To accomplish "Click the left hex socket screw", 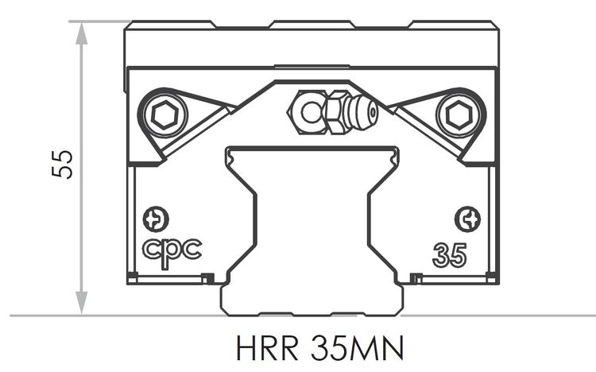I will [x=165, y=117].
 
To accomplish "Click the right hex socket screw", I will [x=458, y=117].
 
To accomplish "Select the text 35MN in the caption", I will [x=357, y=349].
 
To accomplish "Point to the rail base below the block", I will [x=310, y=300].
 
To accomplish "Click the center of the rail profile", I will [x=310, y=223].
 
